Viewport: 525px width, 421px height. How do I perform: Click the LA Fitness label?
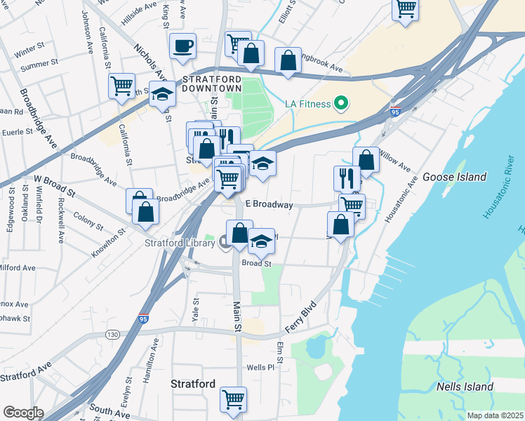(307, 105)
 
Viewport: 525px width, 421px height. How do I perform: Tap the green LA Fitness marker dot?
(342, 105)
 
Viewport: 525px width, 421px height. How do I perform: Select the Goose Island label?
(455, 177)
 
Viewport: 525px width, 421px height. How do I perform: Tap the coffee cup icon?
(182, 46)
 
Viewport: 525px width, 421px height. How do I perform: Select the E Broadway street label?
(268, 205)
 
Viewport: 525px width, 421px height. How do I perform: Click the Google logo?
(22, 413)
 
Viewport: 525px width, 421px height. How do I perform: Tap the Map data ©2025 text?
(495, 415)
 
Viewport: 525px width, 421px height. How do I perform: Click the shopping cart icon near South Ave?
(233, 399)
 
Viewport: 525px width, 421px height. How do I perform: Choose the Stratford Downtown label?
(212, 83)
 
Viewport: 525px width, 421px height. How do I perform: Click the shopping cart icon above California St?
(122, 86)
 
